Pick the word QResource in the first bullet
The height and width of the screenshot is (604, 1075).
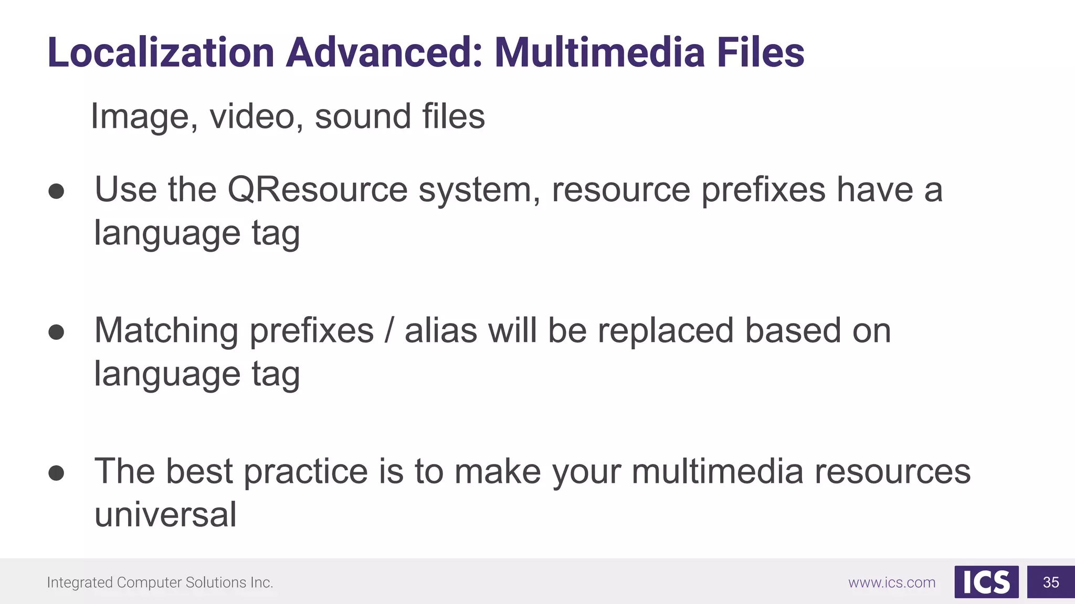pos(318,189)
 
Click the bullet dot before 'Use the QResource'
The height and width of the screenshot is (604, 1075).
pos(56,191)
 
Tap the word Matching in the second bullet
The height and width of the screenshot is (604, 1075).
pos(166,331)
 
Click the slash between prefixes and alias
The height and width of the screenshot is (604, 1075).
pos(389,331)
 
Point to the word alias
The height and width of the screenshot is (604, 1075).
pos(441,331)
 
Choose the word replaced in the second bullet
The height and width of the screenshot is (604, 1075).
pos(666,331)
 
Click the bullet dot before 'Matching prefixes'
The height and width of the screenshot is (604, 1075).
pos(56,332)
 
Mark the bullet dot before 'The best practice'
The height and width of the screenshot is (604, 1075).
pos(56,473)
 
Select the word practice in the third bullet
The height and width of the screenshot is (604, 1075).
pos(306,471)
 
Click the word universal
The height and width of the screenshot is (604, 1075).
pos(165,514)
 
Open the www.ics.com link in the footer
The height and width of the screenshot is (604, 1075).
pos(892,583)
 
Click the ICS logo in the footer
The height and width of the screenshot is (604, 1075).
pos(986,582)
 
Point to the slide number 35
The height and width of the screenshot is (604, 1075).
pos(1051,582)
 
